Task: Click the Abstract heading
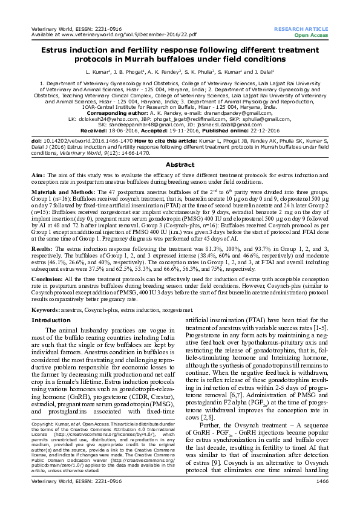pyautogui.click(x=180, y=164)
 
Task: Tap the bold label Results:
pyautogui.click(x=42, y=248)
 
